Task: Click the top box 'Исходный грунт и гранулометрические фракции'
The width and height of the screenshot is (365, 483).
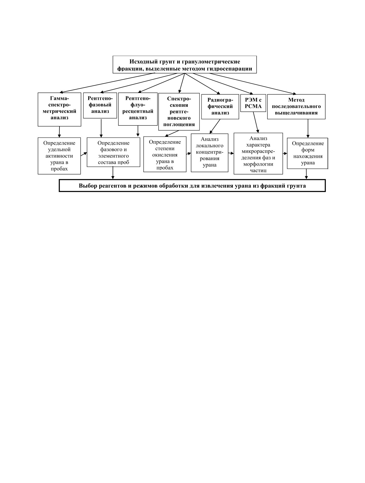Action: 184,65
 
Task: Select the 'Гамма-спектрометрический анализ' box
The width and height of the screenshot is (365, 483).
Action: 59,109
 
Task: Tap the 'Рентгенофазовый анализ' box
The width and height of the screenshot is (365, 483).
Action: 100,105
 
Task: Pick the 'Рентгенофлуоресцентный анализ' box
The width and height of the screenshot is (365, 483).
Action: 138,108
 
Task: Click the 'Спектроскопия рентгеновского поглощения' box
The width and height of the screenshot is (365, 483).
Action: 179,112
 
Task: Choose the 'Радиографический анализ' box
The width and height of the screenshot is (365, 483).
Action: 220,106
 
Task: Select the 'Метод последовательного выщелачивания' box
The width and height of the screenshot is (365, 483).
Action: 296,106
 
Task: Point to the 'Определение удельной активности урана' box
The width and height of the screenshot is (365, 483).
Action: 59,156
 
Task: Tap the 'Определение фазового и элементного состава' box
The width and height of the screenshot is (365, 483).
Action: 114,152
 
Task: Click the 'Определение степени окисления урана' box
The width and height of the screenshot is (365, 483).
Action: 165,155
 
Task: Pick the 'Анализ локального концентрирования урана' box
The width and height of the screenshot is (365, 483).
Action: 210,152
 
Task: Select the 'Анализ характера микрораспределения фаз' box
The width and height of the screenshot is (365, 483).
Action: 258,154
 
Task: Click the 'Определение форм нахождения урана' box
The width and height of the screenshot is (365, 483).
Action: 308,153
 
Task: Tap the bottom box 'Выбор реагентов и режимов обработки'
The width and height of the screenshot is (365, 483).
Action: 192,186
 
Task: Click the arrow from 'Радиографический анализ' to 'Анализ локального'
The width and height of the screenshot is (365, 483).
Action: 215,126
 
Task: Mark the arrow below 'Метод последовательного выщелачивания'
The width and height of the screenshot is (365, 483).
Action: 308,128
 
